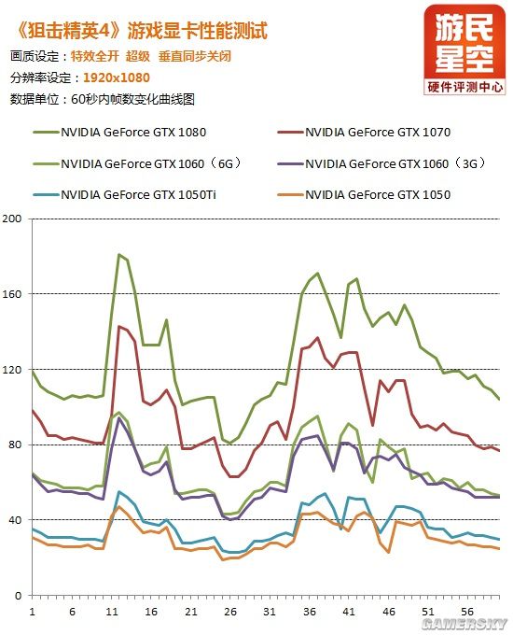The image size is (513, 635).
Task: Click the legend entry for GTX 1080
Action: tap(139, 132)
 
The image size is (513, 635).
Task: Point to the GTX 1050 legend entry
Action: tap(377, 195)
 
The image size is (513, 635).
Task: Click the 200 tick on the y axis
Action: tap(12, 219)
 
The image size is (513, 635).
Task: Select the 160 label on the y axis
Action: tap(12, 294)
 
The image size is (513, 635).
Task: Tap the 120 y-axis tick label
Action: tap(12, 370)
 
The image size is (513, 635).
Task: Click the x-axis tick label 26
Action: tap(229, 612)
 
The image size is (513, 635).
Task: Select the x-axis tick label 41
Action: tap(348, 612)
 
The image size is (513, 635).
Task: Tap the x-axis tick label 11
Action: tap(112, 612)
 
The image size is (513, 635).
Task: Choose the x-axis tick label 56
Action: tap(465, 612)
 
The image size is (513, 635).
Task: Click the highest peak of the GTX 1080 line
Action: tap(119, 254)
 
